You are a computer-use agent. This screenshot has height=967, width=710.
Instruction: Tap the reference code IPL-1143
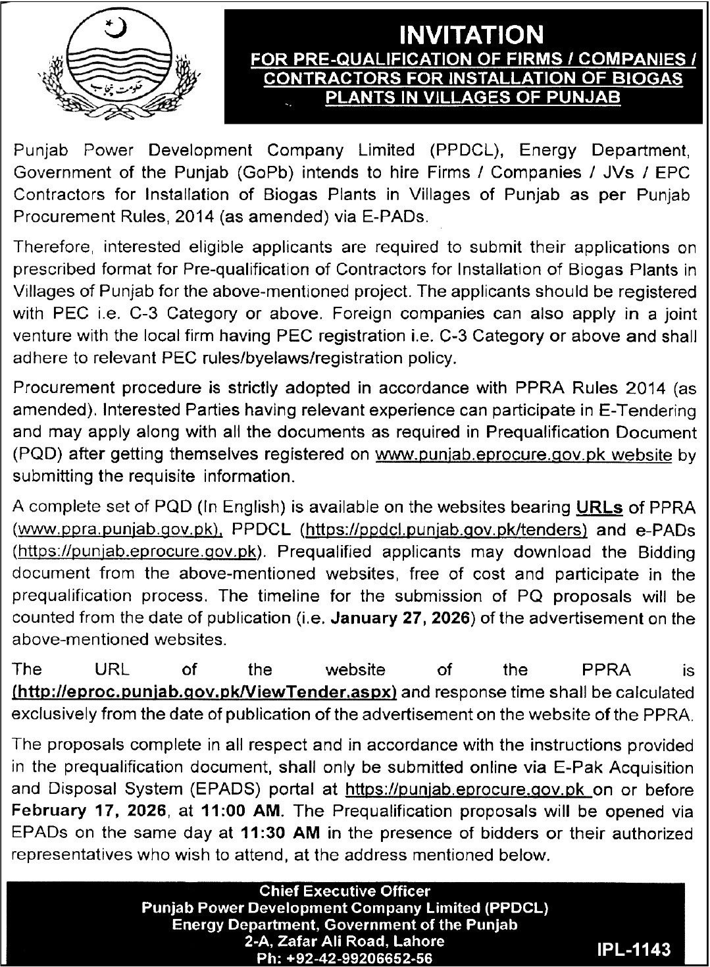[635, 949]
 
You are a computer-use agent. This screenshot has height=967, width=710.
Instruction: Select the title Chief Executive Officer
[345, 891]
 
